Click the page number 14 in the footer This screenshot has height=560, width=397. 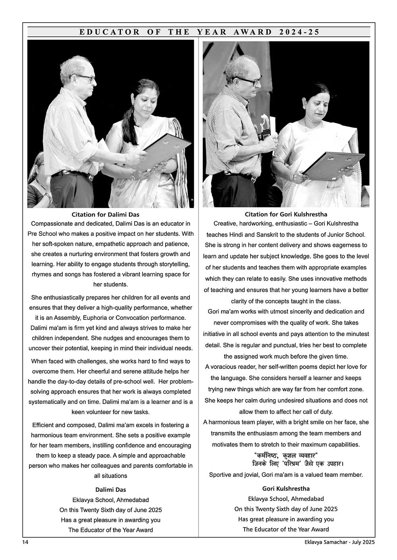click(25, 542)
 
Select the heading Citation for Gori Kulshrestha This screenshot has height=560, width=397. click(286, 214)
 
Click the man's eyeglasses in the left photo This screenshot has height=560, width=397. click(85, 78)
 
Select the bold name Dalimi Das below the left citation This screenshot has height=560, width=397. click(111, 489)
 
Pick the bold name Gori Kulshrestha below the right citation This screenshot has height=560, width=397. click(286, 489)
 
